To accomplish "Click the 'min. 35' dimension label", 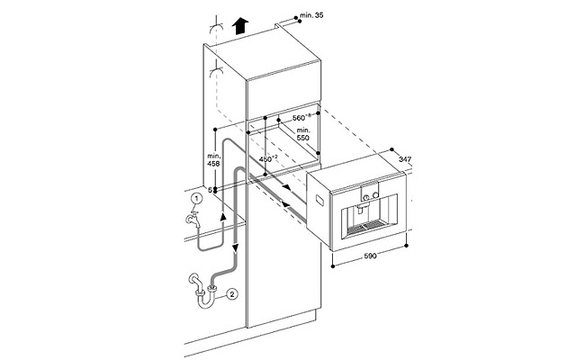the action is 311,15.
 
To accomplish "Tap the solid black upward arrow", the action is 240,26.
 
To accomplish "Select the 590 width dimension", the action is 371,256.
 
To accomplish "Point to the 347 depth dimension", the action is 405,159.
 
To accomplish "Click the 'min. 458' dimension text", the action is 214,159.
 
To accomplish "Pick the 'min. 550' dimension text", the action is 303,134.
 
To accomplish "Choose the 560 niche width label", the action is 301,118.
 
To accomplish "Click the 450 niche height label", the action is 268,159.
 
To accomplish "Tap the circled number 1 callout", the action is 196,199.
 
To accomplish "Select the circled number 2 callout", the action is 231,294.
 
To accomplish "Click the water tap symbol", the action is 193,220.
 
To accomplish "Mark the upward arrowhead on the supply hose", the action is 223,216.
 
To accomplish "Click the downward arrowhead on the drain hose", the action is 236,247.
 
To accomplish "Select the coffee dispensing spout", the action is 361,208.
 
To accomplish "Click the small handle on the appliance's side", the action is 320,201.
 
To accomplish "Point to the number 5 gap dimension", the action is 210,190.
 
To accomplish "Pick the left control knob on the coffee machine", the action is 366,196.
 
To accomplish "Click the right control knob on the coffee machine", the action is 374,194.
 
